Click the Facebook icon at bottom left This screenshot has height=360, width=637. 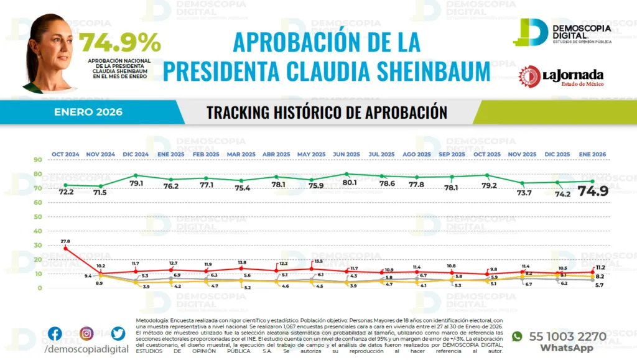(x=55, y=334)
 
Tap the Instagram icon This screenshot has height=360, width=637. (x=86, y=334)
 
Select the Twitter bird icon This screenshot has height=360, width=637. (x=118, y=334)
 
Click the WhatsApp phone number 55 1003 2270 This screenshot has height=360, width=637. (x=567, y=336)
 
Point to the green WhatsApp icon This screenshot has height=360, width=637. (x=516, y=336)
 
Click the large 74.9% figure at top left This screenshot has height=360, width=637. (x=119, y=43)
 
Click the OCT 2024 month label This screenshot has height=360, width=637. (x=65, y=154)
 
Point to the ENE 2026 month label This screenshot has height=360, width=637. (x=593, y=154)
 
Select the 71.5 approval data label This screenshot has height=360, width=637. (x=100, y=193)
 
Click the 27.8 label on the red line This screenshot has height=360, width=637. (x=65, y=241)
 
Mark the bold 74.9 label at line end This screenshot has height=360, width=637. (x=593, y=191)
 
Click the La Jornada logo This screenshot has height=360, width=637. (x=560, y=76)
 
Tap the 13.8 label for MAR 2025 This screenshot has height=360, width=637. (x=243, y=262)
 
